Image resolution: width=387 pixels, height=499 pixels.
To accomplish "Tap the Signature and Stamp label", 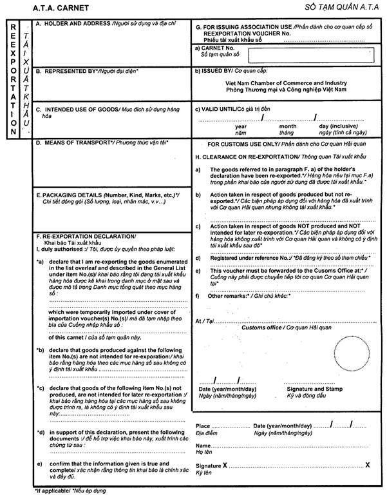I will point(314,390).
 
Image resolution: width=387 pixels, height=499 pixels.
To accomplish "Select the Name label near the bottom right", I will point(203,445).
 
